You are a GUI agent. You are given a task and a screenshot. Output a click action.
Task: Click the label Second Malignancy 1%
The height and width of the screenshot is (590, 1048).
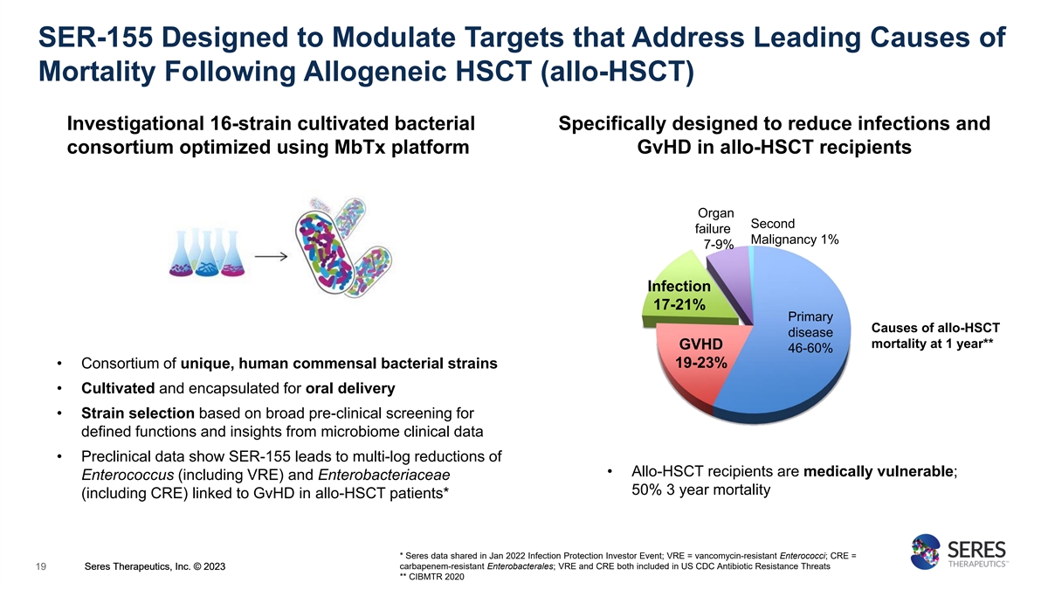pyautogui.click(x=795, y=232)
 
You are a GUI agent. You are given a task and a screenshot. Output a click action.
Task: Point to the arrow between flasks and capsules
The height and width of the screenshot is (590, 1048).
pyautogui.click(x=271, y=257)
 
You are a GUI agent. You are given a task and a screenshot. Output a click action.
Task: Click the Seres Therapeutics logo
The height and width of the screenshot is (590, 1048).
pyautogui.click(x=959, y=552)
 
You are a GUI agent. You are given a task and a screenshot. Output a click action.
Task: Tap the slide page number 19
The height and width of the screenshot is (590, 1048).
pyautogui.click(x=41, y=566)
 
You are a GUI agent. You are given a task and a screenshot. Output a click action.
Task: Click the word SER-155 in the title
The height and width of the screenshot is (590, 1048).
pyautogui.click(x=95, y=38)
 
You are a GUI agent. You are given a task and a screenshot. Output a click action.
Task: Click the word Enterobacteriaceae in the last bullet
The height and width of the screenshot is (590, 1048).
pyautogui.click(x=383, y=475)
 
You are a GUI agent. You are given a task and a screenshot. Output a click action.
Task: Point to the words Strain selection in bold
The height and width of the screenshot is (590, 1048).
pyautogui.click(x=138, y=413)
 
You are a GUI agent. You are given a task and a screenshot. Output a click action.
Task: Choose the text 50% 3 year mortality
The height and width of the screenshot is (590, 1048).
pyautogui.click(x=700, y=489)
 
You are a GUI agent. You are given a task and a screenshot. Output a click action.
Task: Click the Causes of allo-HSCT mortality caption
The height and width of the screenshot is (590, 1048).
pyautogui.click(x=935, y=336)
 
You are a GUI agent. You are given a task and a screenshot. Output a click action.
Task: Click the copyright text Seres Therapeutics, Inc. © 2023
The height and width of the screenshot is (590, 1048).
pyautogui.click(x=155, y=566)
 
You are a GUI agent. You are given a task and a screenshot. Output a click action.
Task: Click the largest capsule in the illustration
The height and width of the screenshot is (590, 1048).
pyautogui.click(x=324, y=253)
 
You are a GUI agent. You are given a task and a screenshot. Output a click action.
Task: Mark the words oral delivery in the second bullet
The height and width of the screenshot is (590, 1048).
pyautogui.click(x=350, y=388)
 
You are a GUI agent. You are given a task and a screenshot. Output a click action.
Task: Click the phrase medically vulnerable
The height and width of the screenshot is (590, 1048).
pyautogui.click(x=879, y=471)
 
